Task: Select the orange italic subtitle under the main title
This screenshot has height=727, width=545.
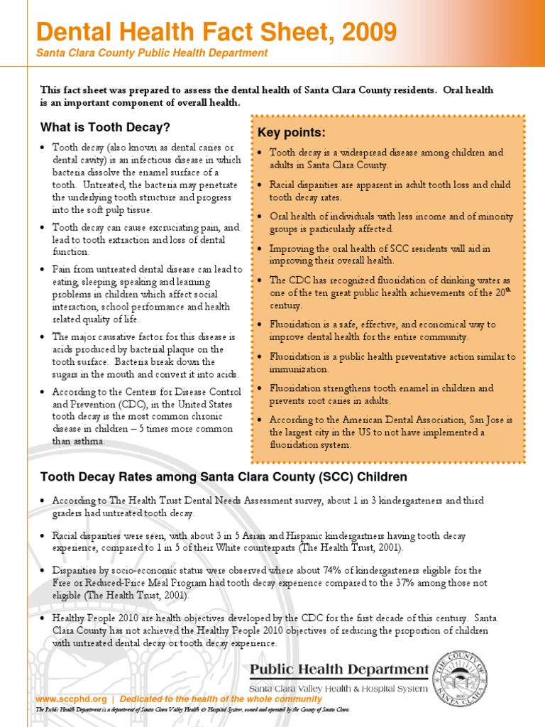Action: click(152, 53)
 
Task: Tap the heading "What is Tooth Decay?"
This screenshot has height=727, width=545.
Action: click(105, 128)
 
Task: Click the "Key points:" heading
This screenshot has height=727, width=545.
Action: click(292, 133)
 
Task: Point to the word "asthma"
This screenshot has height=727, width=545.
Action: click(87, 441)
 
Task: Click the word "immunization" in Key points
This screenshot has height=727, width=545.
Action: click(299, 369)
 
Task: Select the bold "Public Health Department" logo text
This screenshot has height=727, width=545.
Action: click(339, 669)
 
